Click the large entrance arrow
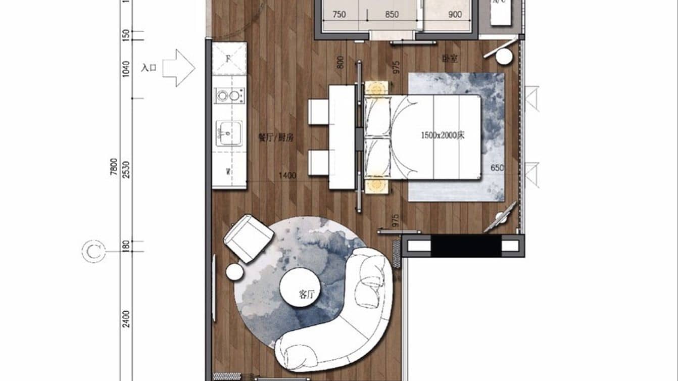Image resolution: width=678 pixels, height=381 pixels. click(178, 68)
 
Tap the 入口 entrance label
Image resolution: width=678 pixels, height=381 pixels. click(149, 68)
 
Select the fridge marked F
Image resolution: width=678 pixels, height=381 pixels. click(229, 59)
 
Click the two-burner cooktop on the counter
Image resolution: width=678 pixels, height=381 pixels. click(229, 95)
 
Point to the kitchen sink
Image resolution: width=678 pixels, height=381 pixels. click(229, 133)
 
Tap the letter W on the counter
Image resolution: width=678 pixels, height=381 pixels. click(228, 172)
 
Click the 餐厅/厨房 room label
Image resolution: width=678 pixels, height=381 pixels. click(276, 138)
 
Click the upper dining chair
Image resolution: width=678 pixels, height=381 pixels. click(319, 112)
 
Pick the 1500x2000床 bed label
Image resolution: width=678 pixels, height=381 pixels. click(443, 135)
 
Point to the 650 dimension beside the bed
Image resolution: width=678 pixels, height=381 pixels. click(497, 168)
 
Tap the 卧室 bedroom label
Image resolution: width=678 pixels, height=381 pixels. click(450, 59)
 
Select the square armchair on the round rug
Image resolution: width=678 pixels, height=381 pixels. click(249, 238)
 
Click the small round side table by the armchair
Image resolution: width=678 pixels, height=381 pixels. click(235, 272)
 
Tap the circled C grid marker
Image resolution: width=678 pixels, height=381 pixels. click(93, 251)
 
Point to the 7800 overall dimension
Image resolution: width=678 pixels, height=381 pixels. click(114, 166)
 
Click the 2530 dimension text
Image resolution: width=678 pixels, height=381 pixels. click(126, 170)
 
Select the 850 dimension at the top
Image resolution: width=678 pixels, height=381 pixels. click(392, 15)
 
